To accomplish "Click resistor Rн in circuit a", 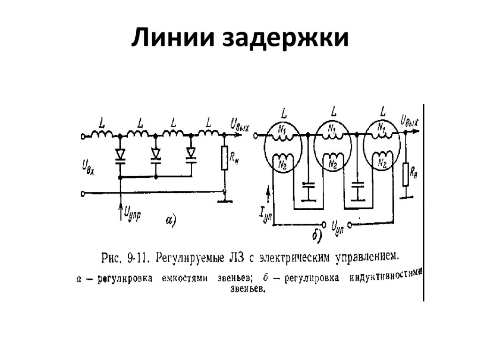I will (x=225, y=159).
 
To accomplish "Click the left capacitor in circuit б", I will (x=308, y=191).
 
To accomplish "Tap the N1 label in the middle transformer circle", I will (x=332, y=127).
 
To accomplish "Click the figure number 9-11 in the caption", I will (x=137, y=258).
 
